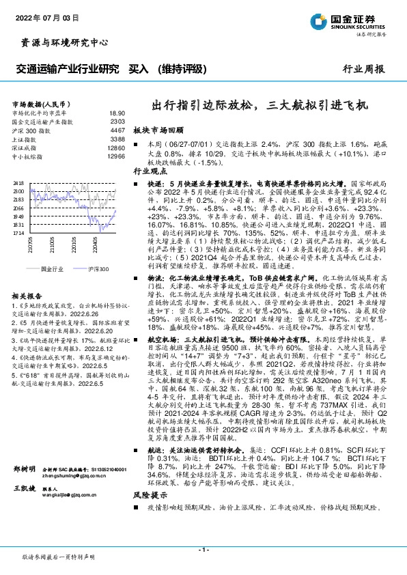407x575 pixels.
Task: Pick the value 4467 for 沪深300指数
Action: (117, 130)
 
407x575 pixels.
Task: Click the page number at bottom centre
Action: (203, 548)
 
